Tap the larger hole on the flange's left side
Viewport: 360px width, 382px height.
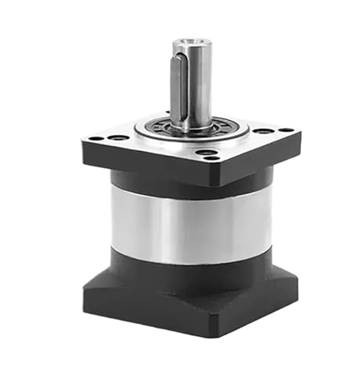[x=118, y=138]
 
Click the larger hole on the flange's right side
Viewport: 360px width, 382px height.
[x=263, y=131]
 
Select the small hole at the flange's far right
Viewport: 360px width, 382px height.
[x=285, y=130]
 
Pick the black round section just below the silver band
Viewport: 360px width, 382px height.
[x=191, y=264]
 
